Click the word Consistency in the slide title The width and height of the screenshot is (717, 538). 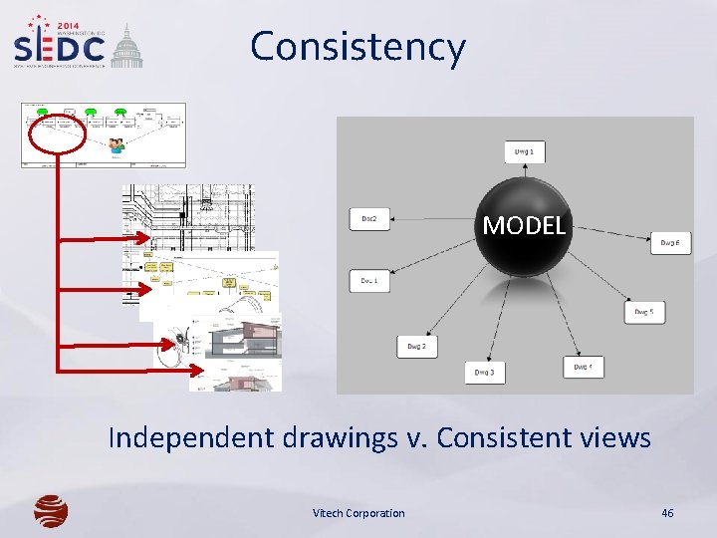click(x=358, y=47)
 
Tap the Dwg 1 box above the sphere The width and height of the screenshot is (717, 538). click(x=524, y=151)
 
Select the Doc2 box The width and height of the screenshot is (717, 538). click(x=368, y=218)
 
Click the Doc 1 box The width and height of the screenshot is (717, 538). click(x=368, y=281)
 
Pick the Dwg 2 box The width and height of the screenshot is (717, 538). click(x=416, y=346)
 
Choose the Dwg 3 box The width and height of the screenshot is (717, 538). click(x=485, y=373)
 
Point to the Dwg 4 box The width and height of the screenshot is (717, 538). click(x=584, y=368)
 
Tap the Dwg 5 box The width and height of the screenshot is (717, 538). click(x=644, y=312)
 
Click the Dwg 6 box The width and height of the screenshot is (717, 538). click(x=670, y=243)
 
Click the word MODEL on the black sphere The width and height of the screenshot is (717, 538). click(x=524, y=225)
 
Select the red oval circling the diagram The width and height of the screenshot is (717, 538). click(x=57, y=134)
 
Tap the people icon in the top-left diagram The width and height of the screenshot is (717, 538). click(x=117, y=145)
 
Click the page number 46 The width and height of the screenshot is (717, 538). click(x=667, y=513)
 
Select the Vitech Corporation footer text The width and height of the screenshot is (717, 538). click(x=358, y=513)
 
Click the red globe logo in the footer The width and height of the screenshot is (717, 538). click(x=51, y=511)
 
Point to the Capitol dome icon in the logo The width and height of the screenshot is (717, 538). click(x=125, y=47)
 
